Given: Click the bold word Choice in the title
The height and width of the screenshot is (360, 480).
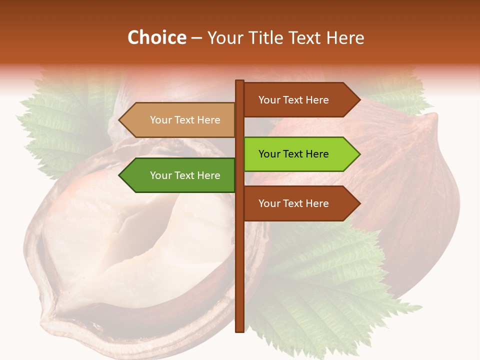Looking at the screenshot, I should pos(156,37).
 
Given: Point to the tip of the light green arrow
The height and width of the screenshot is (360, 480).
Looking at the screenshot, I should pos(359,154).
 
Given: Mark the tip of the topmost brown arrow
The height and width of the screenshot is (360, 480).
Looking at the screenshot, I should pos(359,100).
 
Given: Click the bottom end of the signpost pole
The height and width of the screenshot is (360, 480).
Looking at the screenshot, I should pos(240,330).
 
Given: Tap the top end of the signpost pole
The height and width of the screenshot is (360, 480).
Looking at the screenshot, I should pos(240,81).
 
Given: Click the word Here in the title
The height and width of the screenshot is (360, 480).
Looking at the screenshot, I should pos(345,37).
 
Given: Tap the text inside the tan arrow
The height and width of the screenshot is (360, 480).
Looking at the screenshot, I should pos(185,120).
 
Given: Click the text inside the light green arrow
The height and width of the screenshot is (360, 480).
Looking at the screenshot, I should pos(293,154).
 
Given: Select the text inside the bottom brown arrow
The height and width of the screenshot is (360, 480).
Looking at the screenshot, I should pos(293,203).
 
